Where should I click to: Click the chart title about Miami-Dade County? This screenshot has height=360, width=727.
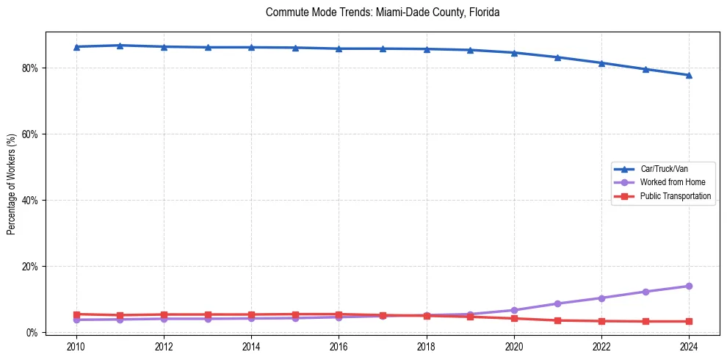(383, 12)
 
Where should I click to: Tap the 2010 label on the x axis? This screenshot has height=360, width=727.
(76, 346)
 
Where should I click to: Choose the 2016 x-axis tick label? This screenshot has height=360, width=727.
(339, 346)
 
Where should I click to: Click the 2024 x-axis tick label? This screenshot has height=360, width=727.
(689, 346)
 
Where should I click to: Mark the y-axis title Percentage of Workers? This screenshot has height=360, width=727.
(12, 184)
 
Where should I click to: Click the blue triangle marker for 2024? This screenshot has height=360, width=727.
(689, 75)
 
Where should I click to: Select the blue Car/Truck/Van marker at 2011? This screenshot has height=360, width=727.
(120, 46)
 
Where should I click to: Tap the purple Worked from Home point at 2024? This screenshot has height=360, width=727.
(689, 286)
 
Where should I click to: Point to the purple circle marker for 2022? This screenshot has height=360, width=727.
(601, 298)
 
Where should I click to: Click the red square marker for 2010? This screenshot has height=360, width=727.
(76, 314)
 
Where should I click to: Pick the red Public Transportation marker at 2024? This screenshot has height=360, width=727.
(689, 321)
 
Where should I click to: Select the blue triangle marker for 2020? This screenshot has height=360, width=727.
(514, 53)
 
